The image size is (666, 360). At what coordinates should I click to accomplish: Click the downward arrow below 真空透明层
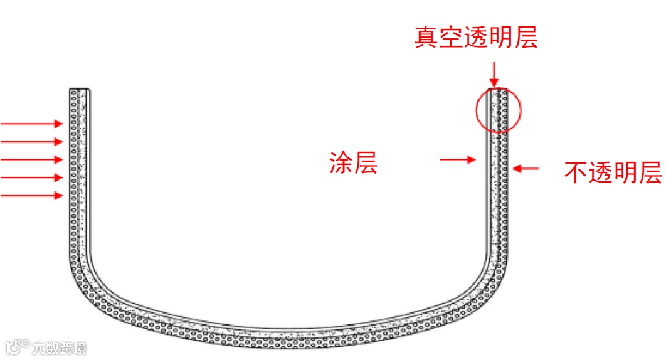494,74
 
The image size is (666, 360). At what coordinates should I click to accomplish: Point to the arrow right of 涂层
458,161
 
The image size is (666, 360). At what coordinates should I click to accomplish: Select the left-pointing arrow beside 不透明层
527,168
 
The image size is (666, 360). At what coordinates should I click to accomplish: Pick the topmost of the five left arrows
31,124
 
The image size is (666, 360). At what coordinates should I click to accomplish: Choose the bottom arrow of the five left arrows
31,196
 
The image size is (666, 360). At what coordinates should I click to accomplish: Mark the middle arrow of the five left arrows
31,159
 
